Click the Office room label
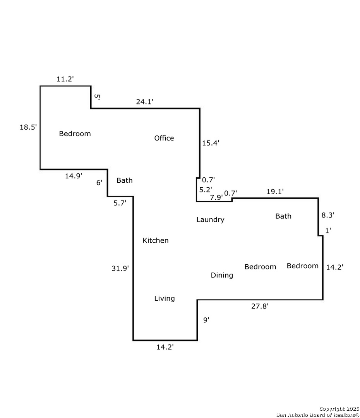click(164, 138)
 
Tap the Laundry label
click(210, 220)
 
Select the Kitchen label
click(156, 240)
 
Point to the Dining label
click(222, 275)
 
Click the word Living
click(165, 298)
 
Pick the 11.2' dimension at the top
click(65, 79)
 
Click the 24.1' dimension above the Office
click(145, 102)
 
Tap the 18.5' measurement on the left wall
click(28, 127)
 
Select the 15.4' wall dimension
click(211, 143)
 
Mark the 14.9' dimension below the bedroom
click(74, 176)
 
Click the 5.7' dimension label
click(120, 202)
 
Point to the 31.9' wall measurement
click(120, 267)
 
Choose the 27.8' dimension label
click(260, 306)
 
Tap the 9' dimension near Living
click(206, 320)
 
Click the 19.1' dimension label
click(275, 192)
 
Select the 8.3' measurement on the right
click(328, 214)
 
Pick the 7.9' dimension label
click(216, 197)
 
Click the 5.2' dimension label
click(206, 190)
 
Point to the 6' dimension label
click(99, 182)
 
